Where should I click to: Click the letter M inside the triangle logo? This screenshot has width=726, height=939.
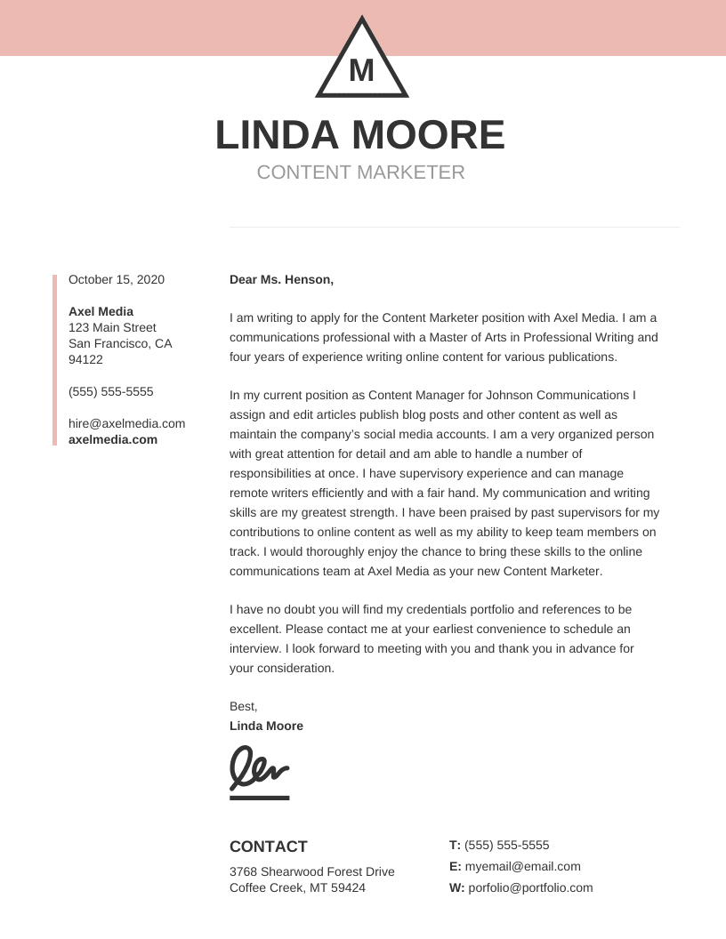click(x=362, y=70)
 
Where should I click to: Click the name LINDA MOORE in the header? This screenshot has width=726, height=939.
click(x=360, y=135)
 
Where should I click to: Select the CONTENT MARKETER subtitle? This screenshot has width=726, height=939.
click(x=360, y=173)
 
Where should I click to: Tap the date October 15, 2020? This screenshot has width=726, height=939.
click(x=117, y=279)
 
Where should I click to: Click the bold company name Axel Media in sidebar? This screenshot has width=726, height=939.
click(x=101, y=311)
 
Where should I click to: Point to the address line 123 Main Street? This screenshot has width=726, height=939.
click(x=112, y=327)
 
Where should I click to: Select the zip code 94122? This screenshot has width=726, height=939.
click(x=85, y=359)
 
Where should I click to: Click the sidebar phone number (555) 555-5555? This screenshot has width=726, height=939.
click(x=110, y=391)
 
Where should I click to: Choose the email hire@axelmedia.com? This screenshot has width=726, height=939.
click(x=126, y=423)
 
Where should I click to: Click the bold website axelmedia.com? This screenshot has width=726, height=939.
click(x=113, y=439)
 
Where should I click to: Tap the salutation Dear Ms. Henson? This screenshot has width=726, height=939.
click(x=281, y=279)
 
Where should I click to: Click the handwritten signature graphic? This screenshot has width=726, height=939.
click(x=259, y=766)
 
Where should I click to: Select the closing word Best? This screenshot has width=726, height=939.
click(x=243, y=706)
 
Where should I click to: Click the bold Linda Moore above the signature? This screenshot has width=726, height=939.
click(x=266, y=726)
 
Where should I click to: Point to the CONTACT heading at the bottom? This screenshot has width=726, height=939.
click(x=268, y=847)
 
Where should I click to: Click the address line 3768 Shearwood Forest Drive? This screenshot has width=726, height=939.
click(x=311, y=871)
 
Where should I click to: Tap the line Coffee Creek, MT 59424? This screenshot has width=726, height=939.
click(x=297, y=887)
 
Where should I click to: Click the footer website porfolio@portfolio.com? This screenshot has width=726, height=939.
click(x=529, y=887)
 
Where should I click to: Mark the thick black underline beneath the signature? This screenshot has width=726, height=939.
click(x=259, y=798)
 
